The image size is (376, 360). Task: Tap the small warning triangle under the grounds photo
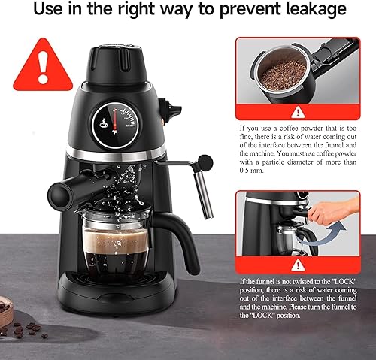[x=299, y=111]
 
